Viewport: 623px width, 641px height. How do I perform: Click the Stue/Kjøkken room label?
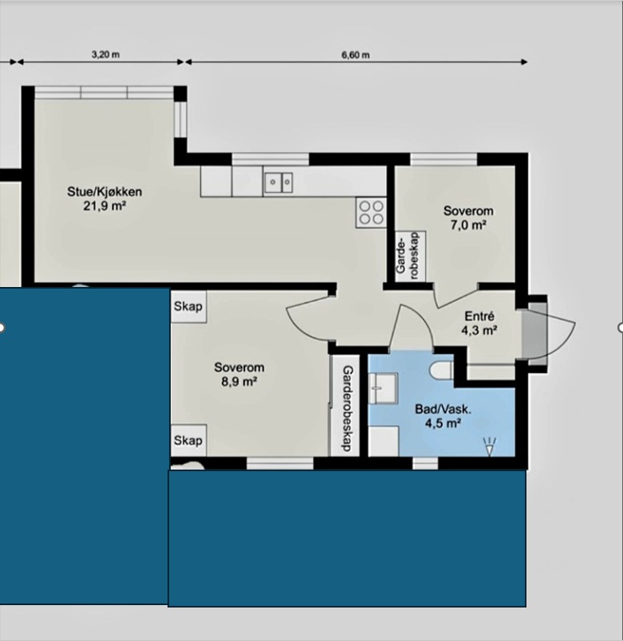click(104, 191)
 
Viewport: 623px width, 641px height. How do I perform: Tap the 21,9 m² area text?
click(104, 206)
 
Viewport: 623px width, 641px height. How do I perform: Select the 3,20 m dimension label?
click(105, 54)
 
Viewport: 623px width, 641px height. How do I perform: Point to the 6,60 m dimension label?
click(356, 55)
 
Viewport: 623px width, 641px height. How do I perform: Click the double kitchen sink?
click(278, 182)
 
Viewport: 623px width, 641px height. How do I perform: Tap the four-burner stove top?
click(371, 213)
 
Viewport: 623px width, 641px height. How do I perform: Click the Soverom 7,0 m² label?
click(468, 218)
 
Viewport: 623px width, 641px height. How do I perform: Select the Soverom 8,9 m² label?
click(239, 374)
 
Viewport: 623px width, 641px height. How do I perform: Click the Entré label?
click(479, 317)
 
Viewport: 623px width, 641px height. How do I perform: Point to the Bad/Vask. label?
click(443, 409)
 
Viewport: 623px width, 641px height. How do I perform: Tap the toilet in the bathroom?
click(441, 371)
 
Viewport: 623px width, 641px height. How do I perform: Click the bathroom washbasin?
click(383, 388)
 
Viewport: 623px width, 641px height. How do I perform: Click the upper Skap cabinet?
click(188, 306)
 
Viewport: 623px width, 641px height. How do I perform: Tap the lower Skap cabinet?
click(188, 440)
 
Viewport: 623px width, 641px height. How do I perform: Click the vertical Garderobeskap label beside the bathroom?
click(347, 408)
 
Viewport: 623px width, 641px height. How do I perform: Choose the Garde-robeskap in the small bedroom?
click(410, 257)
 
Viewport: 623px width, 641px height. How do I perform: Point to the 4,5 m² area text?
click(443, 423)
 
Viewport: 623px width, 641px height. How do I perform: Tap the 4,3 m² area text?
click(479, 330)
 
